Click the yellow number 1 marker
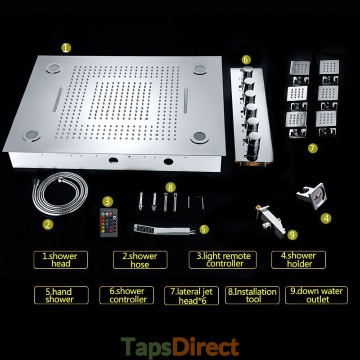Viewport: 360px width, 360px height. pos(66,48)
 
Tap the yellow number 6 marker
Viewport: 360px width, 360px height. pos(246,60)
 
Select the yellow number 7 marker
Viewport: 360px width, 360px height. pos(312,148)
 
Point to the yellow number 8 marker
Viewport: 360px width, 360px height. pos(171,188)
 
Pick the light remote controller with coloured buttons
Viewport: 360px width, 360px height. pos(109,222)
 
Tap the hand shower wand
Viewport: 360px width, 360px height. pos(164,230)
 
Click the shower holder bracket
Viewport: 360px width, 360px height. pos(311,196)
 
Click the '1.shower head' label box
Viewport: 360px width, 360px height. pos(61,260)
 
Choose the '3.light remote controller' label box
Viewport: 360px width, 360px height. pos(222,260)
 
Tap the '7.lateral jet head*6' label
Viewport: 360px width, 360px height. pos(192,296)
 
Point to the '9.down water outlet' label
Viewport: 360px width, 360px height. pos(316,295)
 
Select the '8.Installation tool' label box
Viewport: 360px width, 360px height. pos(252,295)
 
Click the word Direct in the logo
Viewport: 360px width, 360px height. pos(206,346)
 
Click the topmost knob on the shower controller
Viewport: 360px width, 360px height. pos(247,71)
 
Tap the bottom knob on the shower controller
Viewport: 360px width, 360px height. pos(253,145)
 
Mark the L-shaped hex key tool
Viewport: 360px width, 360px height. pos(196,202)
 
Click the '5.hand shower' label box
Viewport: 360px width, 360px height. pos(61,295)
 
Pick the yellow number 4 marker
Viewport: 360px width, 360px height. pos(326,218)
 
